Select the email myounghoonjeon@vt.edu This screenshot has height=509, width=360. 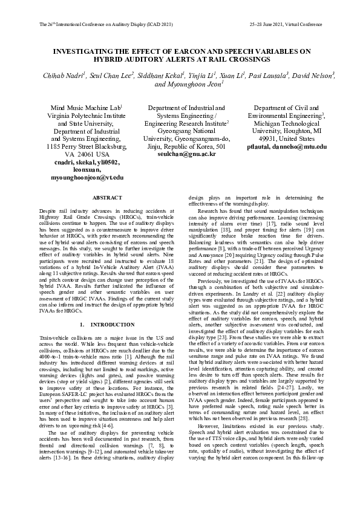87,178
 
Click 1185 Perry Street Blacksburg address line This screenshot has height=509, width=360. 87,146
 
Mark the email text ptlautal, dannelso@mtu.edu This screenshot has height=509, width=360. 287,146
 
